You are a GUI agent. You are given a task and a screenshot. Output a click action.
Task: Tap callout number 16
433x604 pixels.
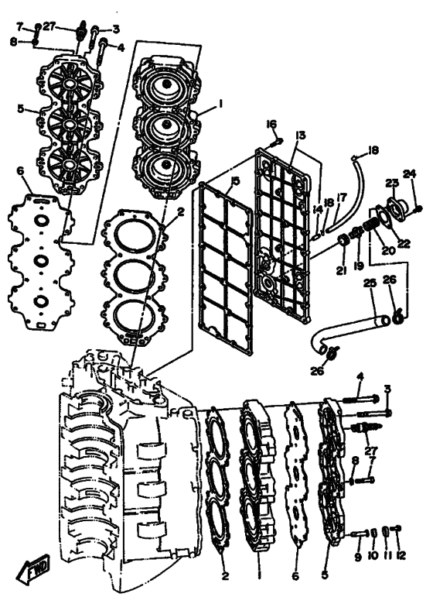271,124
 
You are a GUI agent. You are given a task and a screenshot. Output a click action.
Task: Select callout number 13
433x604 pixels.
300,136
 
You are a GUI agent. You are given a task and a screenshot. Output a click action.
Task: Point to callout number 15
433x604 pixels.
235,181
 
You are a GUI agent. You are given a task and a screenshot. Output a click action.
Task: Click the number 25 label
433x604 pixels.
370,283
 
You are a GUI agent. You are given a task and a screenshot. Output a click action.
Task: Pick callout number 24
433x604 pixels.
410,174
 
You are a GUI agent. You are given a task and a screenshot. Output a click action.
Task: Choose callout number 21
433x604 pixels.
341,271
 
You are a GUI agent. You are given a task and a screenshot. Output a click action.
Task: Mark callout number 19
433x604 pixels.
359,266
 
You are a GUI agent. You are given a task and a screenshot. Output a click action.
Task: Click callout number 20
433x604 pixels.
388,250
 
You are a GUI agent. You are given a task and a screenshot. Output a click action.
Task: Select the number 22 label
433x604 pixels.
404,243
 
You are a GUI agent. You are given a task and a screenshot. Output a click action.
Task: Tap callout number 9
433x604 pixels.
358,557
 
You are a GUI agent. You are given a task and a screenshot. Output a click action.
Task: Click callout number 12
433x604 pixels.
401,555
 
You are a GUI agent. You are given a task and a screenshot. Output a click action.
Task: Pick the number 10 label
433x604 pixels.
373,556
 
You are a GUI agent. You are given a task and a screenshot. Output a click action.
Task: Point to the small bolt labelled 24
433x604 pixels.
419,208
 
